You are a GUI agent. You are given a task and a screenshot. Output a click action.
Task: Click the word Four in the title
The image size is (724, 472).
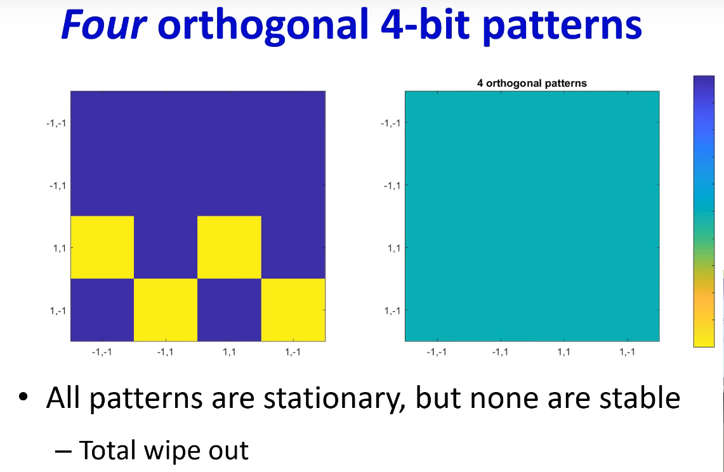point(104,25)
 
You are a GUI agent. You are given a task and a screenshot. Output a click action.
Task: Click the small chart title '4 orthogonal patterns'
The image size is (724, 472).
point(532,83)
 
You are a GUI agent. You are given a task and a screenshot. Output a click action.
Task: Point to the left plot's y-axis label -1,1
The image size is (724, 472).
point(58,186)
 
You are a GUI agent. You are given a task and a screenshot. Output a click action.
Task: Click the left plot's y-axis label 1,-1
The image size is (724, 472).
point(58,311)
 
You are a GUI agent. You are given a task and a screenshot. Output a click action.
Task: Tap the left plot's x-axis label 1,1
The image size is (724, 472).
point(229,352)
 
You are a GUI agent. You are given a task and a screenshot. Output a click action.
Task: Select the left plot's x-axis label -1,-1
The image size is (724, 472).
point(102,352)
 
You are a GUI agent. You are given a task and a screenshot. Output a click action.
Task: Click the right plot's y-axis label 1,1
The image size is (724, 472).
point(394,249)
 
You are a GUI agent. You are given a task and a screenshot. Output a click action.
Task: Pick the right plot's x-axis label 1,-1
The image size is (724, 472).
point(627,352)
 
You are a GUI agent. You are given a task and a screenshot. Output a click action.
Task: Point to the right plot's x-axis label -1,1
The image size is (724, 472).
point(500,352)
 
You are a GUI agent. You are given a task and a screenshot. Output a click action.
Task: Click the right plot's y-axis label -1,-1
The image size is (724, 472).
point(391,123)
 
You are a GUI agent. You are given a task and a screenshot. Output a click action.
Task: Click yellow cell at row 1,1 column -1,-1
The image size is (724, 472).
point(102,247)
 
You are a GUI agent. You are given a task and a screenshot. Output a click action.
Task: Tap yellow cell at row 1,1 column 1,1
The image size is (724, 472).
point(229,247)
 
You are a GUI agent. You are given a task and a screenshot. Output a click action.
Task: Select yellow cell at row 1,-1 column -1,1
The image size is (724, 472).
point(166,310)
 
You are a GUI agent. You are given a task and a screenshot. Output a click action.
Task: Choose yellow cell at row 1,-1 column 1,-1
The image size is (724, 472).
point(293,310)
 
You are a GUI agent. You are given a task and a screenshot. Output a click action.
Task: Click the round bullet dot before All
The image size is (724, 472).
point(23,397)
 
